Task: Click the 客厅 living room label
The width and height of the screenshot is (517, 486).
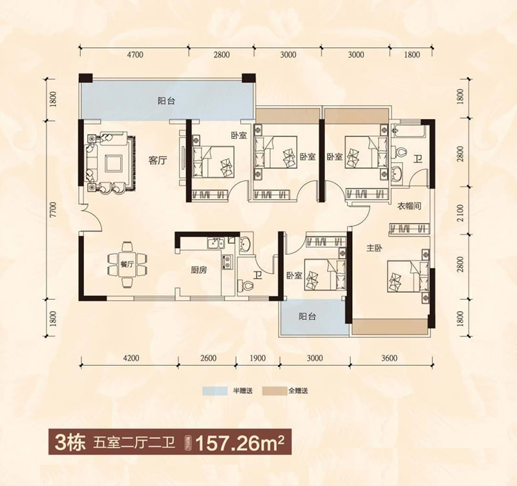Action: click(158, 161)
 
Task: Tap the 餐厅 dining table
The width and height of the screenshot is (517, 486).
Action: click(127, 265)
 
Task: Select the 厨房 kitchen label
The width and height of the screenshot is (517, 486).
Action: click(199, 270)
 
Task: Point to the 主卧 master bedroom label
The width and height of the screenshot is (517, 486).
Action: click(374, 248)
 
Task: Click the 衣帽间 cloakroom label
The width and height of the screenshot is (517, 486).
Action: click(409, 207)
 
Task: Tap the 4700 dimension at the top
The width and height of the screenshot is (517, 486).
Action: click(135, 54)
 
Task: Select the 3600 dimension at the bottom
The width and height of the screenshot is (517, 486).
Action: click(390, 358)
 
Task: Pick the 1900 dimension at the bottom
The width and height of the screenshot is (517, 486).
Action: click(257, 358)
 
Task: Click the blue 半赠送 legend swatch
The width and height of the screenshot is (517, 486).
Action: click(215, 391)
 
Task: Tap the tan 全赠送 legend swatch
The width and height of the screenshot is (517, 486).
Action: click(275, 391)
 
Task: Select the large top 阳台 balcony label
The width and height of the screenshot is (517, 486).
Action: click(166, 101)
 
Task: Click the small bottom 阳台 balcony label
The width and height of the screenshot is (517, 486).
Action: click(308, 317)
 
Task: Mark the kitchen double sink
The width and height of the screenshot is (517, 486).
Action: click(215, 244)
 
